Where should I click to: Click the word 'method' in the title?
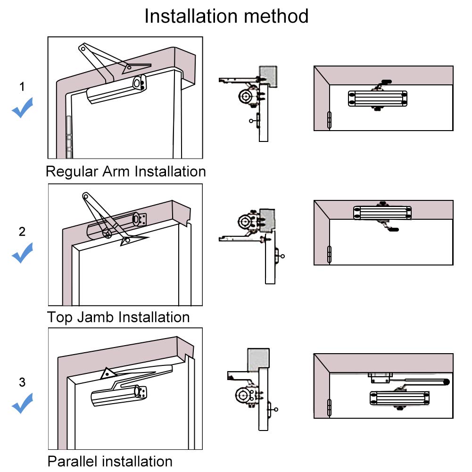(x=276, y=16)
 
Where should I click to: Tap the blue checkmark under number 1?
(x=22, y=108)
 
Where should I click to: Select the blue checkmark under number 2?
(x=22, y=253)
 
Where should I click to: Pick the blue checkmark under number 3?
(x=22, y=403)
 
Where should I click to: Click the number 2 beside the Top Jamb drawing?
(x=22, y=232)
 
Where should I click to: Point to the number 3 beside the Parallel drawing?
(x=22, y=382)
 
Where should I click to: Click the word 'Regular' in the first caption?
(x=72, y=172)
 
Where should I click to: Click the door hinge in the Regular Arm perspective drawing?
(x=69, y=137)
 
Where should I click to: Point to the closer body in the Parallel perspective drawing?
(x=119, y=395)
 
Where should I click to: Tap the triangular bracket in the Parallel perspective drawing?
(x=108, y=373)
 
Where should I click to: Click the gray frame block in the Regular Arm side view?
(x=268, y=76)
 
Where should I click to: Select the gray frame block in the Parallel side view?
(x=258, y=360)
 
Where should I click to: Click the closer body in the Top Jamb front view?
(x=382, y=213)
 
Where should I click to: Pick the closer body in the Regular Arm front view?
(x=378, y=99)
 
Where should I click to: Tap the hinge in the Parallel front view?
(x=329, y=407)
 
